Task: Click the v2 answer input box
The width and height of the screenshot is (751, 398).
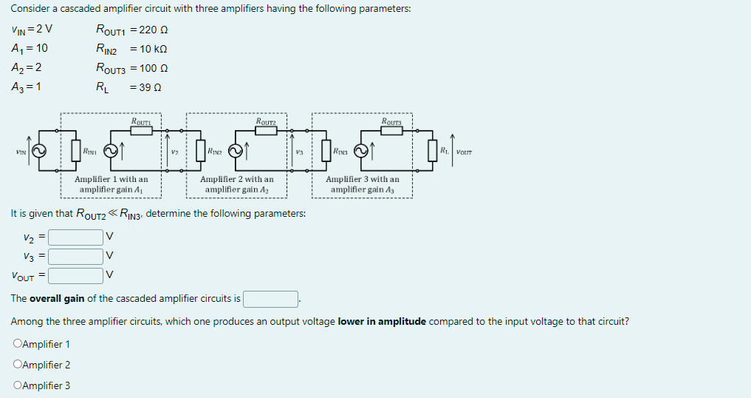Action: [77, 237]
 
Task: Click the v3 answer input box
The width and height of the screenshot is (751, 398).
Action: [77, 257]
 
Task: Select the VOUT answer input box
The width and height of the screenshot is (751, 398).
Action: [77, 276]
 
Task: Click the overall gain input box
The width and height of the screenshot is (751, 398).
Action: [271, 299]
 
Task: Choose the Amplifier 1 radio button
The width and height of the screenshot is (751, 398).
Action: [18, 344]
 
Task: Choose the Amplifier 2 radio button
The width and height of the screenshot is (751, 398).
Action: [18, 365]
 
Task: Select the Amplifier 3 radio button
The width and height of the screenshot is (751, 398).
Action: [18, 385]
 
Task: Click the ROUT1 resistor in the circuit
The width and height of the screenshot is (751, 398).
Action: [141, 130]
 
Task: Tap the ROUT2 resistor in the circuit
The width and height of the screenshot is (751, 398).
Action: [266, 130]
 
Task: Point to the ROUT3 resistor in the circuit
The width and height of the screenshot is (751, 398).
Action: [392, 130]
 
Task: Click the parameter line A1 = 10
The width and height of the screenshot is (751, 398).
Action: [30, 49]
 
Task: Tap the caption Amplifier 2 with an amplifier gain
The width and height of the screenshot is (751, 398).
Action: [237, 184]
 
